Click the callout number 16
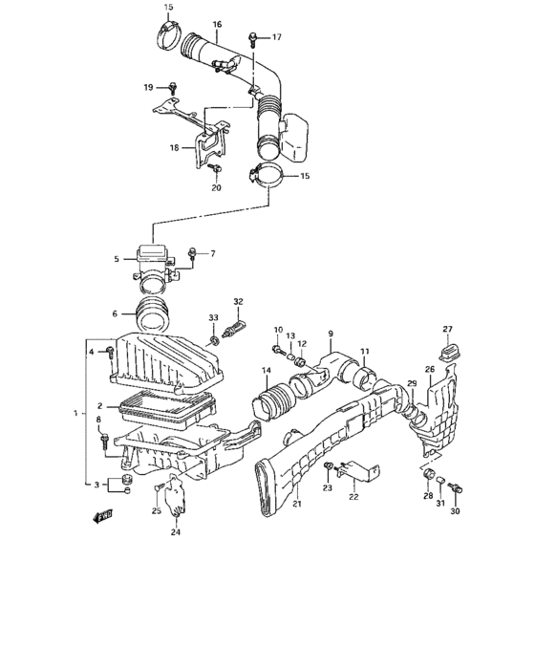(217, 24)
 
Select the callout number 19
(149, 87)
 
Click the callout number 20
(216, 188)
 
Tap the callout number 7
(212, 253)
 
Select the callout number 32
(238, 302)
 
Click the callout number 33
(214, 318)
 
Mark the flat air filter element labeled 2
(162, 408)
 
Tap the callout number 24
(176, 532)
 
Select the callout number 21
(297, 504)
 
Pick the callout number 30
(456, 511)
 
